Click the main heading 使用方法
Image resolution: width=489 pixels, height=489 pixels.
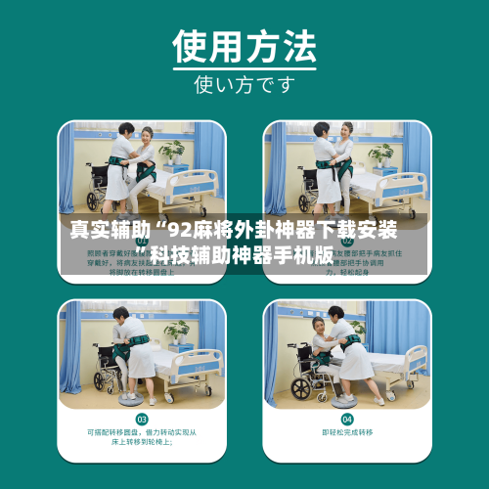click(244, 44)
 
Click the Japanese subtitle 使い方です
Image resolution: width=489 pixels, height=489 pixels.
click(244, 84)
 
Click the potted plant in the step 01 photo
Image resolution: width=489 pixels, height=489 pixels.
click(173, 152)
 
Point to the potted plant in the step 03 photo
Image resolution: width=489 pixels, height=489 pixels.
click(177, 332)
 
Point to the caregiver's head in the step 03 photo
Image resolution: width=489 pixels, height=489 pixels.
click(120, 314)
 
